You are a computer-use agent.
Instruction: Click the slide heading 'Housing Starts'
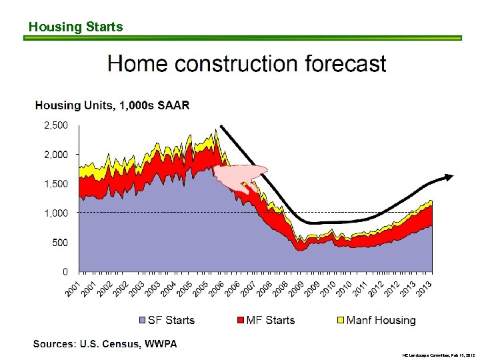click(x=75, y=27)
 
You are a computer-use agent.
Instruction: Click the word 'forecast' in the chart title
click(x=345, y=64)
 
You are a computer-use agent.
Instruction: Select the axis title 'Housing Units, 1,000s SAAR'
click(x=112, y=105)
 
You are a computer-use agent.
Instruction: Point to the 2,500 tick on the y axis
click(x=55, y=125)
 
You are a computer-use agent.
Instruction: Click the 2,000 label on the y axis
click(x=55, y=154)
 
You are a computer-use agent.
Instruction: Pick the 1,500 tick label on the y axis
click(x=55, y=183)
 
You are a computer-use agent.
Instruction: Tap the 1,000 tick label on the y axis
click(x=55, y=213)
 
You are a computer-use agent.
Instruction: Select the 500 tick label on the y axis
click(x=59, y=243)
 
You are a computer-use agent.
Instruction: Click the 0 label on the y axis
click(x=65, y=272)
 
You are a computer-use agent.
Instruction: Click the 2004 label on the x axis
click(x=168, y=289)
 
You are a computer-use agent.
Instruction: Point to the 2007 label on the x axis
click(x=248, y=289)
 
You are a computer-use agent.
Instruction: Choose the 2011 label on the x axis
click(x=360, y=289)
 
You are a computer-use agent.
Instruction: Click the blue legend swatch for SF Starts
click(x=141, y=321)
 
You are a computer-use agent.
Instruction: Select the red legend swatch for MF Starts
click(x=239, y=321)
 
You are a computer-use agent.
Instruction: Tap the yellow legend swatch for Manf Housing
click(x=340, y=321)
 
